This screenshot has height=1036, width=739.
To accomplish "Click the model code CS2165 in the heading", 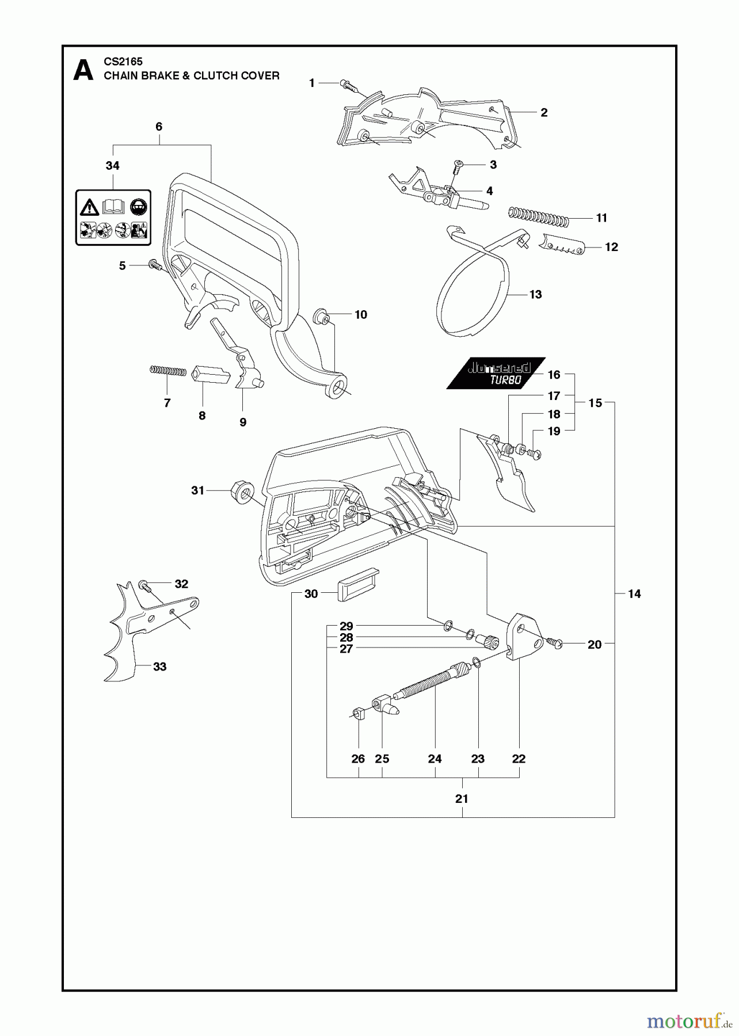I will pyautogui.click(x=123, y=61).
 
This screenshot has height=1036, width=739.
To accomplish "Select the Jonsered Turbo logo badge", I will pyautogui.click(x=497, y=374).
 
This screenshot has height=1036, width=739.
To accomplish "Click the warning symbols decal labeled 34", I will pyautogui.click(x=113, y=218).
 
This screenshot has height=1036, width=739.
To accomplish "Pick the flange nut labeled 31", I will pyautogui.click(x=241, y=492).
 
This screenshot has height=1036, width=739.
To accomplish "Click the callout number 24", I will pyautogui.click(x=435, y=759).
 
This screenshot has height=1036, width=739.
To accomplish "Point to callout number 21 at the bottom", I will pyautogui.click(x=462, y=799).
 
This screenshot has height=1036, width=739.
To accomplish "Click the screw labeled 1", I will pyautogui.click(x=348, y=85).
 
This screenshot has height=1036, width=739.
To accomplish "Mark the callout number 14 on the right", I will pyautogui.click(x=634, y=593).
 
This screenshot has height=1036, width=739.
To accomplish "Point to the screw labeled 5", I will pyautogui.click(x=154, y=265).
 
